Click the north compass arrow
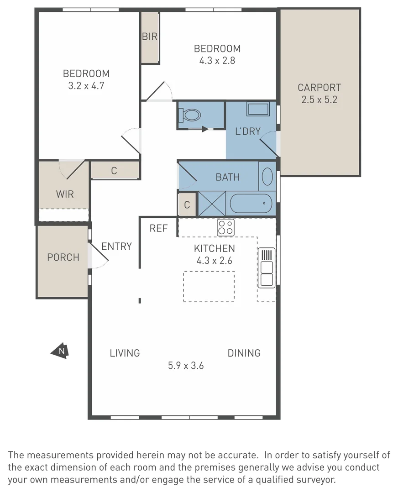pos(60,351)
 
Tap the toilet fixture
pos(189,115)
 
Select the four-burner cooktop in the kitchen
pos(226,227)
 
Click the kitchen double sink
pos(267,267)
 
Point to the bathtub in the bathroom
pos(251,204)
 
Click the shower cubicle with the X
pos(212,204)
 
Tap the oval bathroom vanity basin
pos(267,176)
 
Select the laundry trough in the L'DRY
pos(258,109)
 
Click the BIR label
pos(150,37)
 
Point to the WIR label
pos(65,194)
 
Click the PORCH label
pos(63,257)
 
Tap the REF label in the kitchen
pos(159,228)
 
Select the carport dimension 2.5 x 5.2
pos(319,100)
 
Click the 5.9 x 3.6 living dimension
pos(186,365)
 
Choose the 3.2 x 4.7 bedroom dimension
pos(86,85)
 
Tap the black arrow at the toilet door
pos(205,129)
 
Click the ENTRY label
pos(117,246)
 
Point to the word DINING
pos(244,353)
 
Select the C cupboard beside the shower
pos(187,205)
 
